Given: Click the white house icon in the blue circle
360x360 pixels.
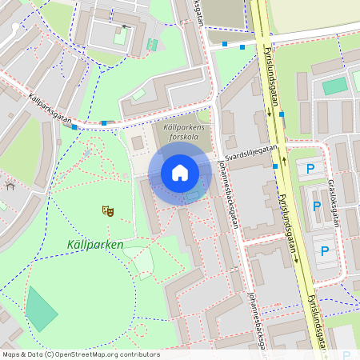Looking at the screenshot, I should (x=180, y=173).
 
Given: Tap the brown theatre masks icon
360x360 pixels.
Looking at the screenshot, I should (x=107, y=211).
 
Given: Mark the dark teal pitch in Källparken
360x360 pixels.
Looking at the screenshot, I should (x=41, y=309).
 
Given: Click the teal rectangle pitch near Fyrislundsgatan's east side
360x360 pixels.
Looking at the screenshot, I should (x=335, y=86).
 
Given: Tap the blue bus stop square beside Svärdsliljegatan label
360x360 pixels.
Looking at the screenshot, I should (x=275, y=166).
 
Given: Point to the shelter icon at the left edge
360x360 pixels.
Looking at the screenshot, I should (x=10, y=185).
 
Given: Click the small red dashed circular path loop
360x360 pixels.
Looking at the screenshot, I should (x=141, y=329).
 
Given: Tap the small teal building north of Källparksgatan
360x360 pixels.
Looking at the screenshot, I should (x=152, y=44).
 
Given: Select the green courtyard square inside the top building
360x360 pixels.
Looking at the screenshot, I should (x=120, y=36).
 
